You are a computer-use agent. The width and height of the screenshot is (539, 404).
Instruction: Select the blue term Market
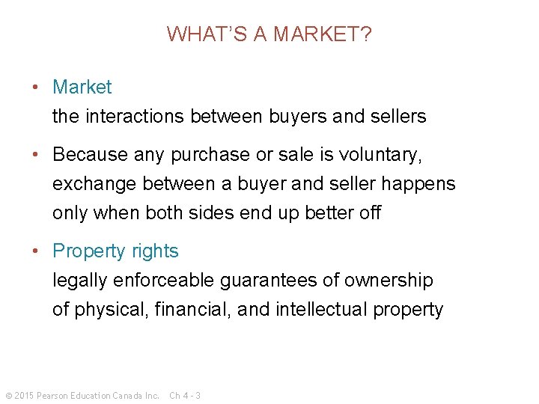(x=82, y=87)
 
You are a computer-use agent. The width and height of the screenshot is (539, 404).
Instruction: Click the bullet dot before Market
(x=36, y=87)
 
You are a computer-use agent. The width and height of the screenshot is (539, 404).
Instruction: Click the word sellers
(x=396, y=117)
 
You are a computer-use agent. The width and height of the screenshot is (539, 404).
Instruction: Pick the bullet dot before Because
(x=36, y=154)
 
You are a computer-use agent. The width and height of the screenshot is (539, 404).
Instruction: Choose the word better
(x=329, y=213)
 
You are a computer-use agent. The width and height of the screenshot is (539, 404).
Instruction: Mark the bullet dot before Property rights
(x=36, y=251)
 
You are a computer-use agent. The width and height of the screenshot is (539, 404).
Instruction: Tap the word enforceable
(x=165, y=281)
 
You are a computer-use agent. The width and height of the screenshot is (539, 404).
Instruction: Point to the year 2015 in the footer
(x=24, y=395)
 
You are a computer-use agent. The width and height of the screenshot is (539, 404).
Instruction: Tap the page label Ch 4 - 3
(x=185, y=395)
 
